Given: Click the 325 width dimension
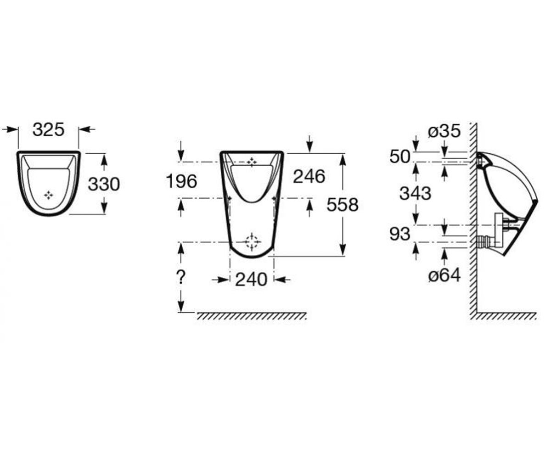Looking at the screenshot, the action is click(49, 129).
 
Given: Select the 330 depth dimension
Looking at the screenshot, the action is click(104, 184).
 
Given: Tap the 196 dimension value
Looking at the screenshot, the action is click(181, 181).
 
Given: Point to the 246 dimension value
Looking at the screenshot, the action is click(309, 176).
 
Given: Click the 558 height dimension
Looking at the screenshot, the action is click(343, 204).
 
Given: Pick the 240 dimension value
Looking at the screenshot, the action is click(251, 280).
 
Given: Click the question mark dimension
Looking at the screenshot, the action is click(181, 277).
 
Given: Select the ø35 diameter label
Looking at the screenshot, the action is click(444, 131).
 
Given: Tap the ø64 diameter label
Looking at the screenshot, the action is click(444, 275).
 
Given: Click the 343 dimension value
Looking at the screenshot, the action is click(416, 193).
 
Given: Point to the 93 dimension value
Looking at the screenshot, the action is click(400, 234).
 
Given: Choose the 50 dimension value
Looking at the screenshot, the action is click(400, 157).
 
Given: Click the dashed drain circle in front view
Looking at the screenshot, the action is click(252, 242).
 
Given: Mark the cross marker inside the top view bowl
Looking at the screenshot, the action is click(49, 195).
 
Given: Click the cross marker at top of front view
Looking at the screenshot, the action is click(252, 162).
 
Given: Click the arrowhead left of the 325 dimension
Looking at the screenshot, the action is click(11, 129).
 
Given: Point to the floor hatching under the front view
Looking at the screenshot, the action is click(252, 316).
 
